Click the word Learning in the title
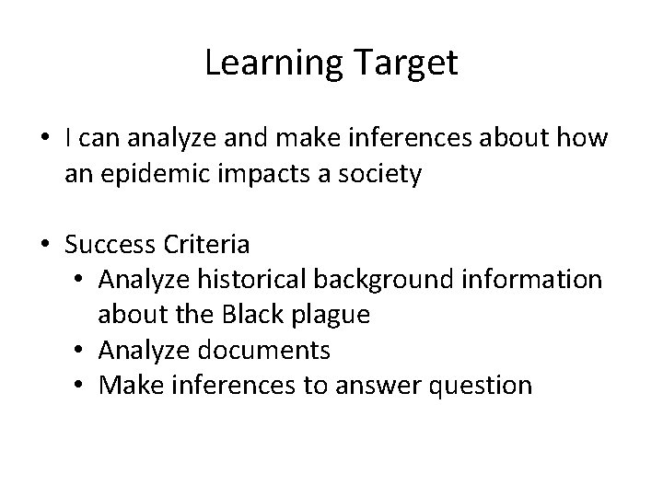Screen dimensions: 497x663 (267, 64)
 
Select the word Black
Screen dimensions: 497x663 (252, 315)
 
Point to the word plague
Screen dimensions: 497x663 (331, 315)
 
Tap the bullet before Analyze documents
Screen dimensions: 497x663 (80, 351)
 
